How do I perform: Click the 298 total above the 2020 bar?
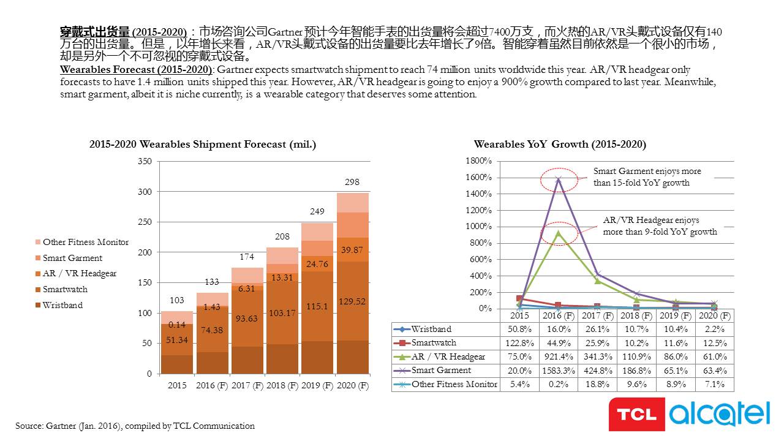point(352,182)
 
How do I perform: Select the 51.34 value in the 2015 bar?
point(177,340)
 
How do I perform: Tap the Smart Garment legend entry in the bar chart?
point(69,258)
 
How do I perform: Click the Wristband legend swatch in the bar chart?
point(38,305)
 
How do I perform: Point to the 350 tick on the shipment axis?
point(145,161)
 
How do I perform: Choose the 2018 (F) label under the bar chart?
point(282,385)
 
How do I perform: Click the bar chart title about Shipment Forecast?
point(203,144)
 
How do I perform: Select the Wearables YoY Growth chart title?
point(560,144)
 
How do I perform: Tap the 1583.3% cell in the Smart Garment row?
point(559,371)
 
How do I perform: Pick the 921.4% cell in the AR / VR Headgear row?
point(559,356)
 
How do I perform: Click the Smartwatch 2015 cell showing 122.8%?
point(519,343)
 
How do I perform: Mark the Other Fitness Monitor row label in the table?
point(454,384)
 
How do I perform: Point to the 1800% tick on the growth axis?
point(478,160)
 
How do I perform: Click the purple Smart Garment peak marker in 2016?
point(559,180)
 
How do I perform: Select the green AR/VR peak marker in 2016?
point(559,233)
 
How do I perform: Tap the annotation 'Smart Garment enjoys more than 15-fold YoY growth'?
point(647,177)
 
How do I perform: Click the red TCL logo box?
point(636,414)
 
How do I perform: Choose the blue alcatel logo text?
point(720,414)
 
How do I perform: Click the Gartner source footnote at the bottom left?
point(135,426)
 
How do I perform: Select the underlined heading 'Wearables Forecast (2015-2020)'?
point(136,69)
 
